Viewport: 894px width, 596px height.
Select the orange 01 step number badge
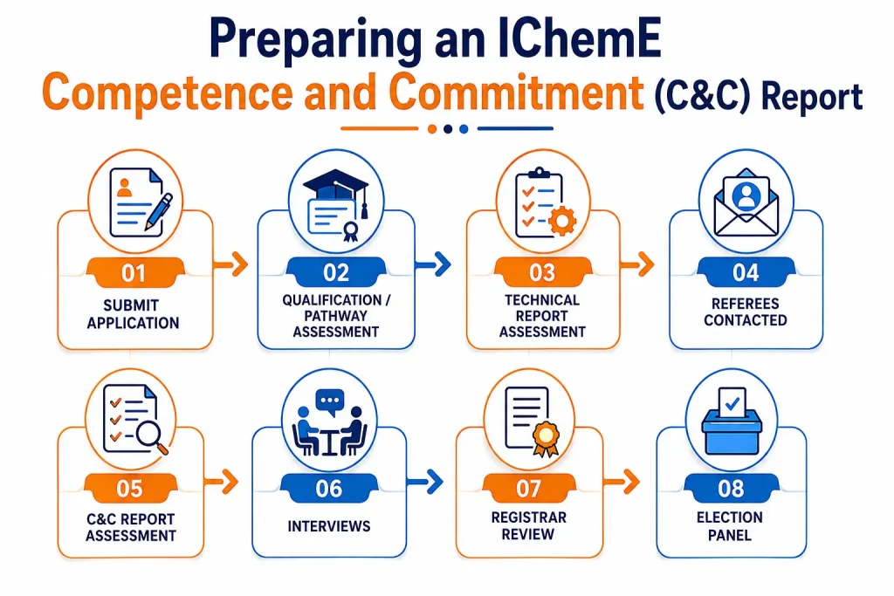[x=134, y=273]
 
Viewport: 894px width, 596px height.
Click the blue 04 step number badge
[x=746, y=272]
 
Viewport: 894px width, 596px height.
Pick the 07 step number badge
[x=528, y=489]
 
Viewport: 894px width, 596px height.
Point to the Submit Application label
[x=133, y=314]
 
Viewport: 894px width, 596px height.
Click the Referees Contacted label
[x=746, y=312]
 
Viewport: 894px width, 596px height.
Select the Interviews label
[x=329, y=526]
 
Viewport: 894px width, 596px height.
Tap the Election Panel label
[x=730, y=526]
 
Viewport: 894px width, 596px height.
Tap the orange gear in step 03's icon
[x=562, y=221]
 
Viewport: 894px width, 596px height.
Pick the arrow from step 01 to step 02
[x=230, y=264]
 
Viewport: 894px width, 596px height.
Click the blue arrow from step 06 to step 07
[x=425, y=482]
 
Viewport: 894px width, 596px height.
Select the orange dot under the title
[x=432, y=129]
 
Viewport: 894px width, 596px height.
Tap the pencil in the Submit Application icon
[x=159, y=212]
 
